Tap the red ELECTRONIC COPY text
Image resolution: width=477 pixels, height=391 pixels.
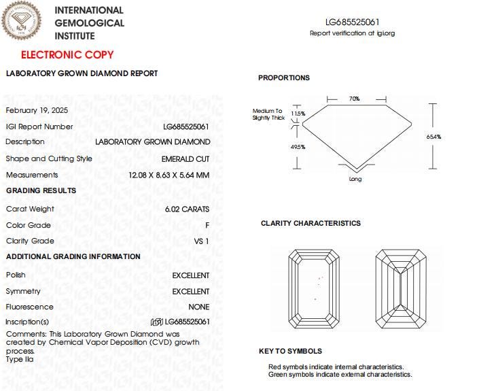click(67, 54)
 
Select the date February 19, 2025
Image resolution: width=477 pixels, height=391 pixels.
click(37, 109)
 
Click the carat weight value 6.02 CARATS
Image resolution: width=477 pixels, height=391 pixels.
click(187, 209)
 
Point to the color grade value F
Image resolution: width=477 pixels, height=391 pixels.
click(207, 225)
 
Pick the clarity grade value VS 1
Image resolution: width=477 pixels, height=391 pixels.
click(202, 241)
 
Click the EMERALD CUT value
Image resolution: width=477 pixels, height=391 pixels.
click(185, 158)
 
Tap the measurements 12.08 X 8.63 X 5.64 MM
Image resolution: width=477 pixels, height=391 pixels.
click(169, 175)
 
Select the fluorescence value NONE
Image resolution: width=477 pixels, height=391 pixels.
click(199, 307)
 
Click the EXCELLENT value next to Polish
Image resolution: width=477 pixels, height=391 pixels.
click(191, 275)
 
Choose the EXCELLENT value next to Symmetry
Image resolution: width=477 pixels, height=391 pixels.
click(191, 291)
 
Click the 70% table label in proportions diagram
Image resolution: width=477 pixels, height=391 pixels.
click(354, 99)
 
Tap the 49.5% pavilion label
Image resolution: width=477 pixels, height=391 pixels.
click(298, 147)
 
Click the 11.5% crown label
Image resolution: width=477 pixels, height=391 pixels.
click(298, 114)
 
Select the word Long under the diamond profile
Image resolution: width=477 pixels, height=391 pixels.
click(355, 179)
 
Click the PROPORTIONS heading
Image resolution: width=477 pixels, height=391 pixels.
click(283, 78)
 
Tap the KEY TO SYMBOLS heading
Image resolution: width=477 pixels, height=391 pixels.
click(290, 351)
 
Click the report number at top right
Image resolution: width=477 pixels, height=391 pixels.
click(352, 22)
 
